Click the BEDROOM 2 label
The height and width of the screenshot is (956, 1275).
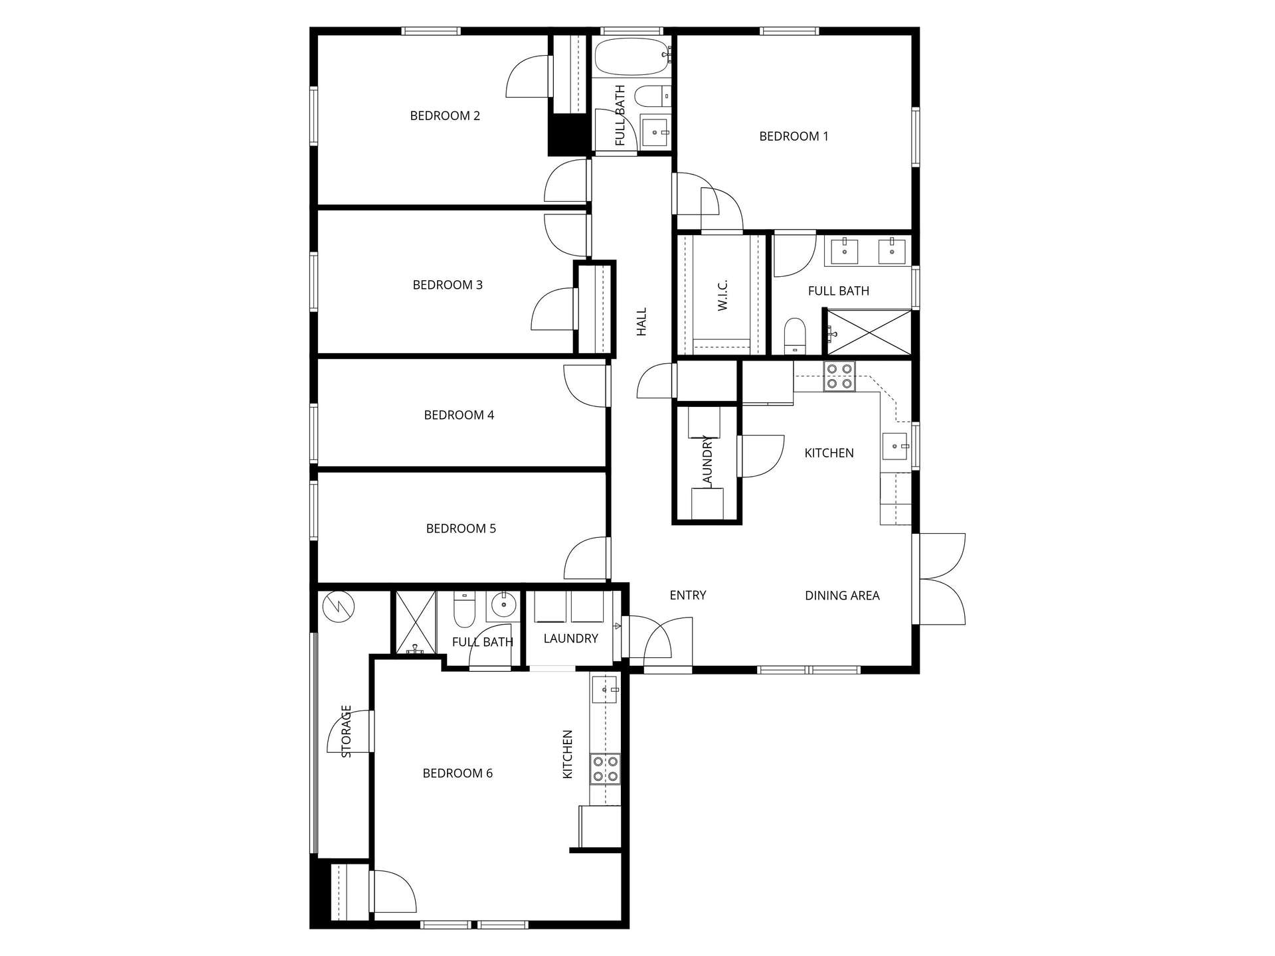click(445, 116)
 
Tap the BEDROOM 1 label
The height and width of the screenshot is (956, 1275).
click(794, 136)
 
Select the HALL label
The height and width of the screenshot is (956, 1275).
click(641, 321)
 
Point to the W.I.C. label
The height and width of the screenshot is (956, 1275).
click(723, 294)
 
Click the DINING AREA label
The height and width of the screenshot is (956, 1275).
click(842, 596)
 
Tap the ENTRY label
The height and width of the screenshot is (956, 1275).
click(688, 596)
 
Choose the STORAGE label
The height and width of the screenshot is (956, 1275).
click(346, 731)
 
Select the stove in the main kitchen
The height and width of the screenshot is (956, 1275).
click(839, 376)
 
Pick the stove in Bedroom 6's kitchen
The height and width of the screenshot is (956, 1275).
click(605, 769)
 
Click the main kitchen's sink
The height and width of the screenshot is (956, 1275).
click(895, 446)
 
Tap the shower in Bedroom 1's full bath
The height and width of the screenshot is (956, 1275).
click(869, 332)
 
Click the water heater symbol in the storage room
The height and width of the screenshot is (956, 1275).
click(339, 605)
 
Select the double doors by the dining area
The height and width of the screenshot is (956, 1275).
click(939, 579)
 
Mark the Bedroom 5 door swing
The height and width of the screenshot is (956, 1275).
click(586, 558)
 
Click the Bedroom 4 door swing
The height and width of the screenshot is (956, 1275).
click(586, 386)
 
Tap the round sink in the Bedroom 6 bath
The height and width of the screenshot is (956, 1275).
click(504, 604)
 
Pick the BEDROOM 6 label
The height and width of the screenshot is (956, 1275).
click(458, 773)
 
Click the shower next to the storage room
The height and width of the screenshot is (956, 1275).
click(416, 622)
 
